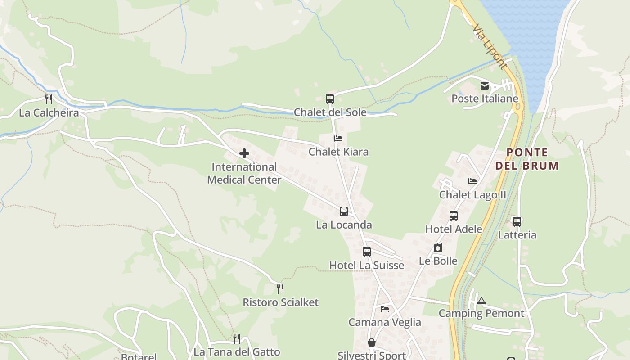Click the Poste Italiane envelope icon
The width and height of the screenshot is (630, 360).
click(x=485, y=86)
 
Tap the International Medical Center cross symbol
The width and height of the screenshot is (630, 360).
click(x=244, y=154)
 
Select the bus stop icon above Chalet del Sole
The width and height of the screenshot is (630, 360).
click(x=330, y=99)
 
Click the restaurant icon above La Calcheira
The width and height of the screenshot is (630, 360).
click(x=49, y=99)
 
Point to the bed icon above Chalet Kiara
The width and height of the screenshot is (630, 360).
click(x=338, y=139)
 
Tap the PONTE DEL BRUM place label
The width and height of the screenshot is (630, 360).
click(x=527, y=159)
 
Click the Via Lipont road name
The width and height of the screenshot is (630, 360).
click(x=490, y=47)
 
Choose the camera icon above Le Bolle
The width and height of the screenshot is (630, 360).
click(x=438, y=247)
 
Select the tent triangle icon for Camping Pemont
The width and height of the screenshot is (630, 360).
click(x=481, y=301)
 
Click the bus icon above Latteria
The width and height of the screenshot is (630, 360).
click(x=517, y=221)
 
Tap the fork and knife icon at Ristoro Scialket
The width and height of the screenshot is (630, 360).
click(x=280, y=288)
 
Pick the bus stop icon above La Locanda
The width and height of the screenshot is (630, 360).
click(x=344, y=211)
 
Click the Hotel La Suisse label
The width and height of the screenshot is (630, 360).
click(x=367, y=265)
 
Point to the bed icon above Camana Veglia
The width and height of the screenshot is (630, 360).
click(x=385, y=309)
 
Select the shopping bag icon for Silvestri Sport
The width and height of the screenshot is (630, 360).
click(x=372, y=342)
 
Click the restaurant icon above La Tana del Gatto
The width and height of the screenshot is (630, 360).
click(x=237, y=338)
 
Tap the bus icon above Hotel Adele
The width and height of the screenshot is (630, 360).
click(x=454, y=216)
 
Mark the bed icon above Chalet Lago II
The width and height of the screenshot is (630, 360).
click(x=472, y=181)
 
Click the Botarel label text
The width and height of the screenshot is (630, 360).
click(x=139, y=357)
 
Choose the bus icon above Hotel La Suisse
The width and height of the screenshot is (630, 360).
click(x=367, y=252)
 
